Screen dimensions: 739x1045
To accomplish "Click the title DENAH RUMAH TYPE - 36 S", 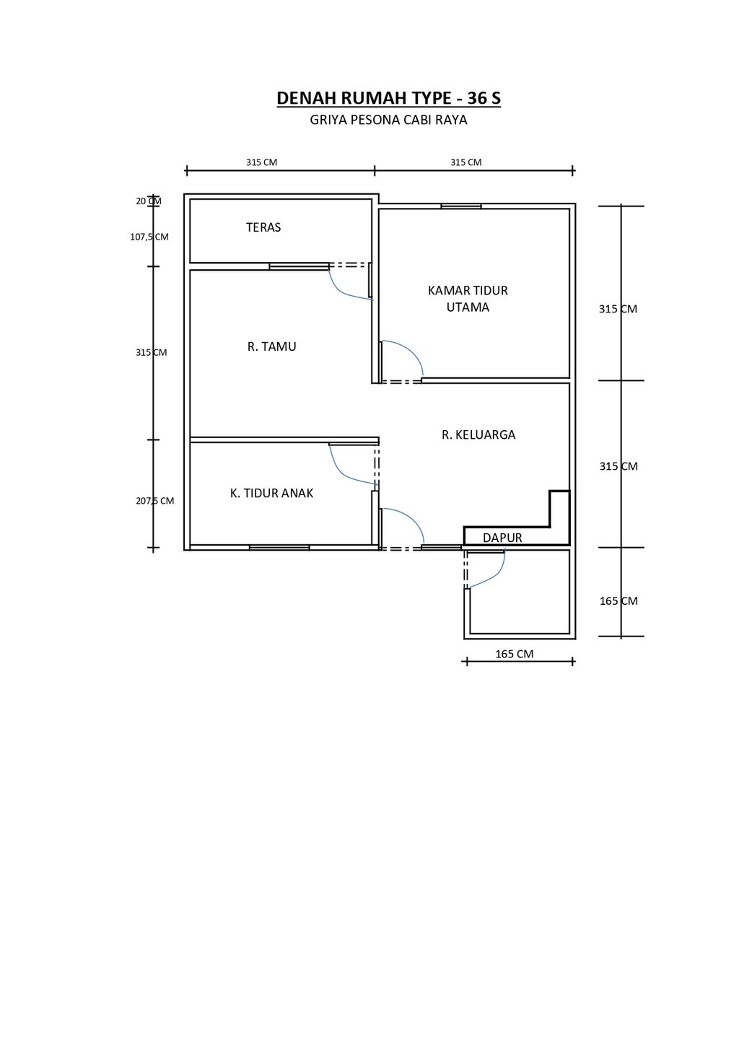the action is [x=389, y=98].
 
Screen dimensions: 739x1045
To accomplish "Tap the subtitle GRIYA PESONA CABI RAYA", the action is [x=389, y=121].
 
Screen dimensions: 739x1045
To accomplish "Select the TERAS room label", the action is [x=263, y=227].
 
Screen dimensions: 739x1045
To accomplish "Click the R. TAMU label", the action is [x=272, y=346].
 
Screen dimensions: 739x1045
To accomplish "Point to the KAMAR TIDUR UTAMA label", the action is [x=468, y=299].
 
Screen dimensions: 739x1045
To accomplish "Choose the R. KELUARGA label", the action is [x=478, y=434].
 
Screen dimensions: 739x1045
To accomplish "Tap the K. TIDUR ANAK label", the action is [x=271, y=493].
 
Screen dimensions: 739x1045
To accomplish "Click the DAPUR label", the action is [x=502, y=538].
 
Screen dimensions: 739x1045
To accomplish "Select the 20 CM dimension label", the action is [x=149, y=201].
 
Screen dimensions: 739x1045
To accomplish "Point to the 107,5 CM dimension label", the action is [x=149, y=237].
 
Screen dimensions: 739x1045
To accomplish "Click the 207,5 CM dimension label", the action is [x=155, y=501].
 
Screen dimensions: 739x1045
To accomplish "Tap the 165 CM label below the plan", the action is [x=514, y=654].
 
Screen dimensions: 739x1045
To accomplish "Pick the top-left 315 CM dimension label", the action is [x=262, y=162].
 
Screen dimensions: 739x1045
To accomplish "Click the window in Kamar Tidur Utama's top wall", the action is [x=461, y=206].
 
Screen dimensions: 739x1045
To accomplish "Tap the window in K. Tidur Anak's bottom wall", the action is [x=279, y=547].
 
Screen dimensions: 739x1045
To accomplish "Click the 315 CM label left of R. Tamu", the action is [x=151, y=353].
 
